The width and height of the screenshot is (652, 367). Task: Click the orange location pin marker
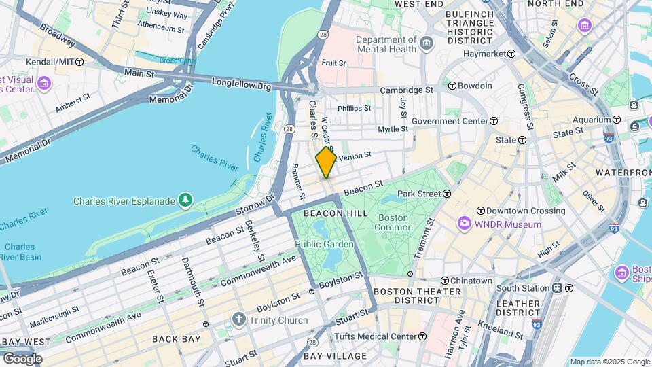coord(326,162)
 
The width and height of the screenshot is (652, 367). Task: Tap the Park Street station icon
coord(448,194)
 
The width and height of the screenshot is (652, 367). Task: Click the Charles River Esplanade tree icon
coord(185,200)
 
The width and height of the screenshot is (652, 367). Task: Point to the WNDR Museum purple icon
coord(465,224)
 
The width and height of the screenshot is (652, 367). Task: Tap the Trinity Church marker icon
coord(238,319)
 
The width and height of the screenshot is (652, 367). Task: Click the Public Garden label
coord(324,244)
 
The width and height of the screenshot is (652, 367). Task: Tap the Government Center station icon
coord(494,121)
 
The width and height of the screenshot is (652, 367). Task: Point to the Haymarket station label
coord(484,54)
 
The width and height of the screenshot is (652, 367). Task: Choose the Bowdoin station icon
coord(452,86)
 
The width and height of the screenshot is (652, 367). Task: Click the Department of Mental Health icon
coord(427,44)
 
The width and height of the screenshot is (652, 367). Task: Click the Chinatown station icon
coord(445,281)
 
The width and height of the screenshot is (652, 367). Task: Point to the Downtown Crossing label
coord(526,211)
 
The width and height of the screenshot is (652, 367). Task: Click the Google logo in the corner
coord(22,358)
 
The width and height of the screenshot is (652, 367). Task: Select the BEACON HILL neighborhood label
coord(336,213)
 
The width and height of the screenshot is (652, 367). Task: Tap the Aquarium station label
coord(592,120)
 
